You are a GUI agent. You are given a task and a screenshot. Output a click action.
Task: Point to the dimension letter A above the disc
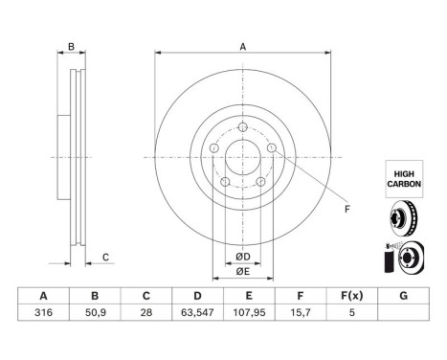(242, 47)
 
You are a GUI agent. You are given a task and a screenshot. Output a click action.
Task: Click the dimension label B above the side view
(70, 47)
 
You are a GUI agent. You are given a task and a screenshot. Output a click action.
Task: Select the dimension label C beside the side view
(106, 256)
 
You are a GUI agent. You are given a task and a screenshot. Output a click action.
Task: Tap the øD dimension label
(243, 258)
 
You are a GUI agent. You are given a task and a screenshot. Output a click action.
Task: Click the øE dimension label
(243, 271)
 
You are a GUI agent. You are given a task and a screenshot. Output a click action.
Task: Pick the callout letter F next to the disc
(346, 208)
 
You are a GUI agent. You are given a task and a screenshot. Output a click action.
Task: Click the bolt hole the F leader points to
(273, 148)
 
